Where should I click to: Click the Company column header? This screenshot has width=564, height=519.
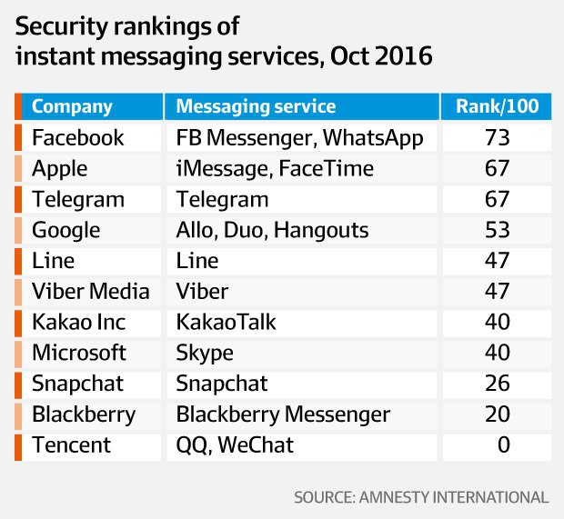pyautogui.click(x=72, y=106)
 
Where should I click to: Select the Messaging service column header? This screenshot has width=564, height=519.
pyautogui.click(x=256, y=106)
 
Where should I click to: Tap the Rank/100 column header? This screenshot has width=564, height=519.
pyautogui.click(x=497, y=106)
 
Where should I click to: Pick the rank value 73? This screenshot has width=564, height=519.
pyautogui.click(x=497, y=137)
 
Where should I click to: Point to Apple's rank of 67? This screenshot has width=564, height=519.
pyautogui.click(x=497, y=168)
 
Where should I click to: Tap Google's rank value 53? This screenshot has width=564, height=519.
pyautogui.click(x=497, y=230)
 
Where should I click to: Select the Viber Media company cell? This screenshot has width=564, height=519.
pyautogui.click(x=91, y=291)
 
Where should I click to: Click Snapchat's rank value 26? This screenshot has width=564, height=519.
pyautogui.click(x=497, y=384)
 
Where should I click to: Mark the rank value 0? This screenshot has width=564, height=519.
pyautogui.click(x=504, y=444)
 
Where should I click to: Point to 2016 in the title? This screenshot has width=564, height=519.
pyautogui.click(x=403, y=56)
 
